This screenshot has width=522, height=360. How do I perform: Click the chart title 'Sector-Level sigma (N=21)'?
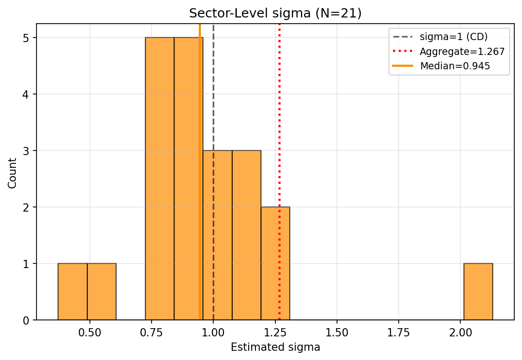(275, 13)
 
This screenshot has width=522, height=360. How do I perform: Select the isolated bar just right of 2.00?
(478, 292)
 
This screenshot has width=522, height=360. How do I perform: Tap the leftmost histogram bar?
(72, 292)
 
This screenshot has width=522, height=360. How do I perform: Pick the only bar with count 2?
(275, 263)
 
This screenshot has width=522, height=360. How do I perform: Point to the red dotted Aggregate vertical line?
(279, 128)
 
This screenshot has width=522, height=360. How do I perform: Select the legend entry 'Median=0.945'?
(455, 66)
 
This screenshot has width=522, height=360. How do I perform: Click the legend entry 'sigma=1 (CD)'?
(454, 37)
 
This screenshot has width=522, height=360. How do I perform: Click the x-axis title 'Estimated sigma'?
(275, 348)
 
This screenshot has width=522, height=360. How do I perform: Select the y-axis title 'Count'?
(12, 173)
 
